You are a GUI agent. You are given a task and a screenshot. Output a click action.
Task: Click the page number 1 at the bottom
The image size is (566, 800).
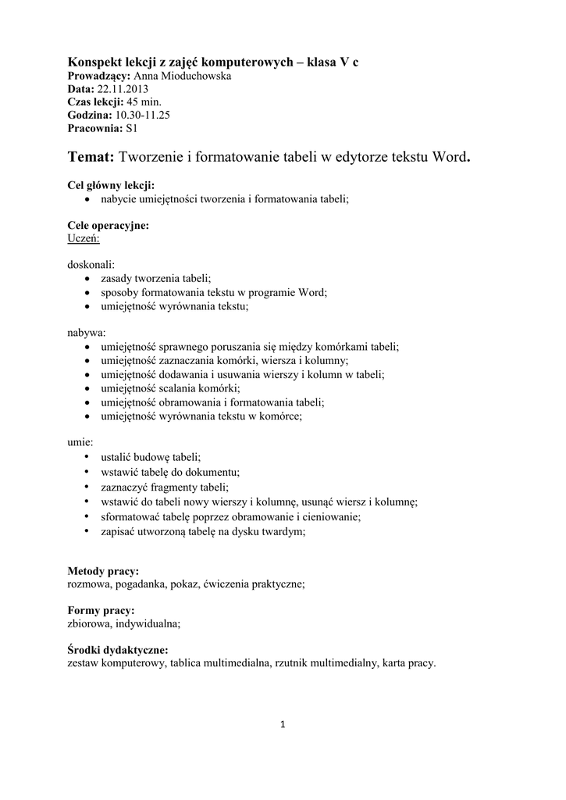tap(283, 725)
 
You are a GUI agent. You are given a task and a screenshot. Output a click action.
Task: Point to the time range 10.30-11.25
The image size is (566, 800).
tap(143, 114)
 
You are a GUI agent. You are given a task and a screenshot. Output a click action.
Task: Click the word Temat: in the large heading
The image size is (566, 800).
tap(91, 159)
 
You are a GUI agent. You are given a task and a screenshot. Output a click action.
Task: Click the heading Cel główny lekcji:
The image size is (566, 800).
tap(111, 186)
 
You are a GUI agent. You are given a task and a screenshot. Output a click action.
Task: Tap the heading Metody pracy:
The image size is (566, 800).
tap(103, 571)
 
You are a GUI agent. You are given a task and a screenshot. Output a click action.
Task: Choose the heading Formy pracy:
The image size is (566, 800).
tap(101, 610)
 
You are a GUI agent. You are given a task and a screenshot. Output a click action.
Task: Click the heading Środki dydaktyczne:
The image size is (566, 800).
tap(118, 650)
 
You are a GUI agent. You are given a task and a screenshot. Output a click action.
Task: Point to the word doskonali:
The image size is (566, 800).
tap(91, 265)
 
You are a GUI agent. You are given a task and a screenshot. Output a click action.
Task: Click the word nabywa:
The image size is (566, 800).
tap(86, 332)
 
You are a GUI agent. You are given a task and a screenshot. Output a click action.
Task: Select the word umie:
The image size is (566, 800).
tap(80, 442)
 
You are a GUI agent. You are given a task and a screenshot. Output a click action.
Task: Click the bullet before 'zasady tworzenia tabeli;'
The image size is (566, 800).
tap(87, 278)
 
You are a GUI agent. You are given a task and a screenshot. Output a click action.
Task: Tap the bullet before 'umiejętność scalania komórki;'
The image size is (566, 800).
tap(87, 388)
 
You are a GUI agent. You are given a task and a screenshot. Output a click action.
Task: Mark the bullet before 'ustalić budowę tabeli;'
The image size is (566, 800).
tap(87, 456)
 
